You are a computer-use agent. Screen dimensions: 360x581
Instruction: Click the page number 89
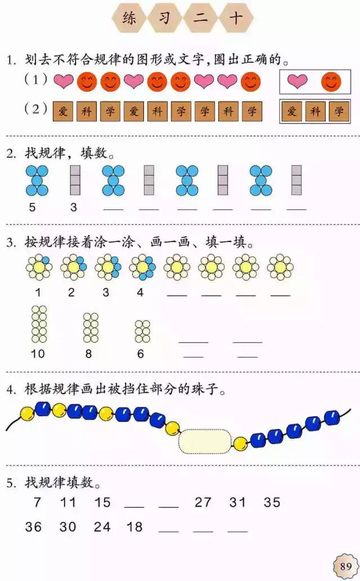345,566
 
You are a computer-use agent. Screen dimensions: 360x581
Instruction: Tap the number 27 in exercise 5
203,502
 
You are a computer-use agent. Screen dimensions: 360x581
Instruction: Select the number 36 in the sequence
33,526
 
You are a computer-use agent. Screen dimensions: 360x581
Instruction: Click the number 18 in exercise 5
134,526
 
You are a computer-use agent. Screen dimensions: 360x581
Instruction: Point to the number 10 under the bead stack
38,354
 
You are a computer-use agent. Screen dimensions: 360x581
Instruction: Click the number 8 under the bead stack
88,354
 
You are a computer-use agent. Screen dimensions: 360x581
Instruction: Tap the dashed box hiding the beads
205,441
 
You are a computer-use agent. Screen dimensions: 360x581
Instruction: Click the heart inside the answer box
298,81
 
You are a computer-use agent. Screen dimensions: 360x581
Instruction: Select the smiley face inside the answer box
331,82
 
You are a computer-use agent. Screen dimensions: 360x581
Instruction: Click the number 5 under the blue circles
32,207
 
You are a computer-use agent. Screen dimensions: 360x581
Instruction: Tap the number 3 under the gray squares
74,207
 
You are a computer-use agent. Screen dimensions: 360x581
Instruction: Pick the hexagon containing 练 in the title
129,17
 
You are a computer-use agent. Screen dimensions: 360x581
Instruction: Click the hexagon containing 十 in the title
236,17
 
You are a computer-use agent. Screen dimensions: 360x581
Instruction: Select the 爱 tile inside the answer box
292,111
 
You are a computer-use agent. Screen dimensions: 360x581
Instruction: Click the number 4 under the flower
139,292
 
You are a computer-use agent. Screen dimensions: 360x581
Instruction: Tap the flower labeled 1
39,267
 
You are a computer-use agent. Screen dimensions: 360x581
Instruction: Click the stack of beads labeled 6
142,331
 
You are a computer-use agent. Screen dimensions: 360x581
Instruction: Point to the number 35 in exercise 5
272,502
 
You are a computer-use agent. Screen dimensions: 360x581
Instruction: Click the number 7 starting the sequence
37,502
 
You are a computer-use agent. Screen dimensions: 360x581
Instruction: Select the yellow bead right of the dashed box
240,443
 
